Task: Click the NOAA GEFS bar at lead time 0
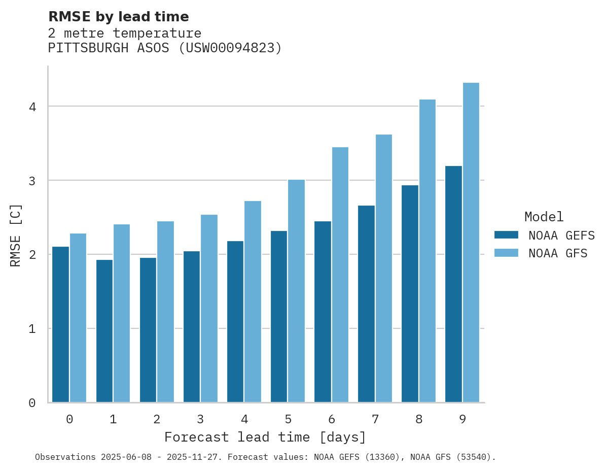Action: pos(61,324)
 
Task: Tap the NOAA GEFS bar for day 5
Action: pos(279,317)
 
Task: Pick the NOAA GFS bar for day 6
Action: pos(340,275)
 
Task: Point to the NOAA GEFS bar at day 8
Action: pos(410,294)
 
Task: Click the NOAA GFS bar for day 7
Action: pos(384,268)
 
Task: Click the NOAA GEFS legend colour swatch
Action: pos(506,235)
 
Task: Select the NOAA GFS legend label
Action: pos(558,253)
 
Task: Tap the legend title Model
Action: pos(544,217)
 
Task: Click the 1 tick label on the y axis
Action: pos(31,329)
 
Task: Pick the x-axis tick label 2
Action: pos(157,419)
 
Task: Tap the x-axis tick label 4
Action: pos(244,419)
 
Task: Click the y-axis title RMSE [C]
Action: pos(16,235)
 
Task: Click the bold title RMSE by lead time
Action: pos(118,17)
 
